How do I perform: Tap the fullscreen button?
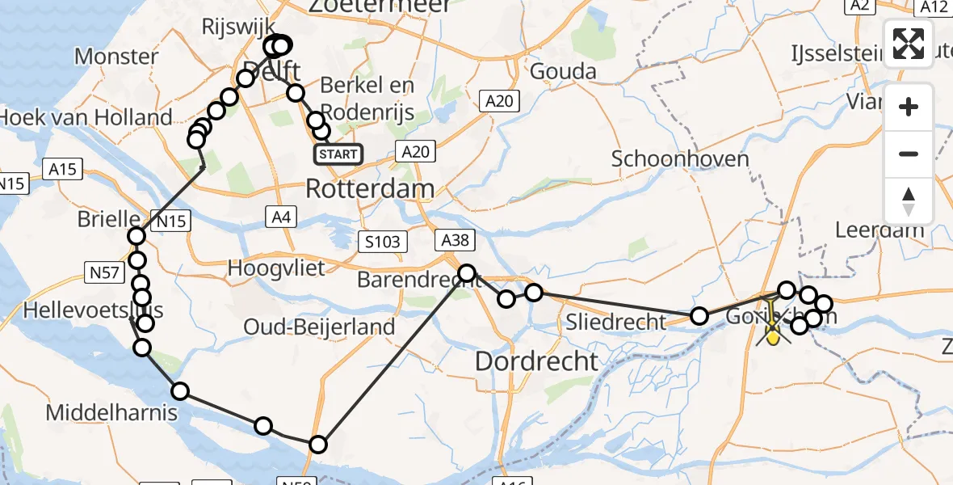tap(909, 44)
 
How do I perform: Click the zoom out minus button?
tap(909, 154)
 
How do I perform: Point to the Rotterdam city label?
tap(370, 189)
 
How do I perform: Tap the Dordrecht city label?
tap(537, 361)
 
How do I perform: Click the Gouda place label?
tap(563, 71)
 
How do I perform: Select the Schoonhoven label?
tap(669, 158)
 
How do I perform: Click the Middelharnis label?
tap(111, 413)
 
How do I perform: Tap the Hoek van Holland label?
tap(86, 117)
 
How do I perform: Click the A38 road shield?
tap(452, 239)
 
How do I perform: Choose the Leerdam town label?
tap(879, 230)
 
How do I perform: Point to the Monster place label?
tap(116, 57)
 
